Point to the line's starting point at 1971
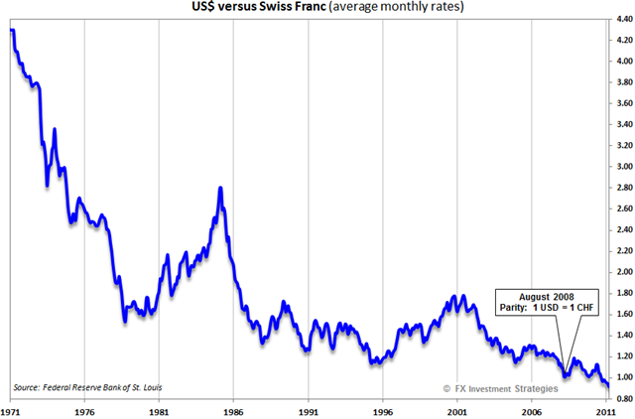tap(11, 31)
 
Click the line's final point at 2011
tap(606, 386)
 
